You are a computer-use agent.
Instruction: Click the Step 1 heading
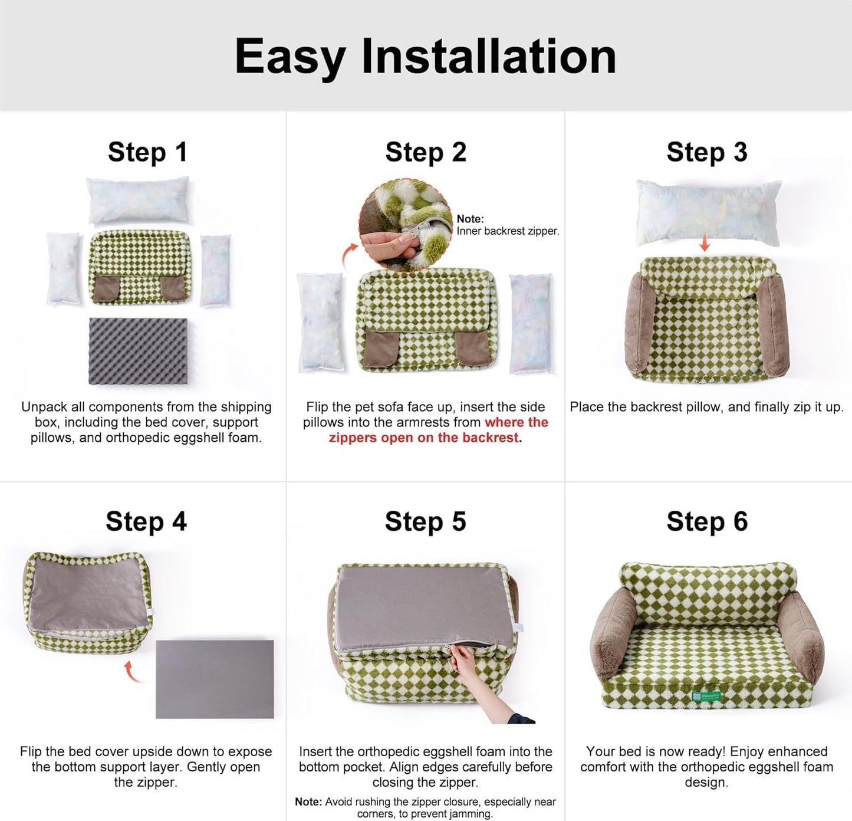tap(147, 152)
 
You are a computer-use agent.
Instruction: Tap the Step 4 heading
tap(146, 521)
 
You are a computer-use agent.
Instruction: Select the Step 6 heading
tap(707, 521)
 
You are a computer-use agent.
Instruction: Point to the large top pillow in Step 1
tap(139, 201)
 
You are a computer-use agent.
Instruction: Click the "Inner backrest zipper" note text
tap(507, 231)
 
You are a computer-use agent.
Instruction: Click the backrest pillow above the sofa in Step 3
tap(708, 213)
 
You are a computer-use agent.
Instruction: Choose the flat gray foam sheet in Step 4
tap(215, 678)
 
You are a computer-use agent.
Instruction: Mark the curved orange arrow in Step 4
tap(134, 672)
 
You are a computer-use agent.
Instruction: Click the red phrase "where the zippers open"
tap(516, 422)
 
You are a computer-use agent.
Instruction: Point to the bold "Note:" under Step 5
tap(308, 802)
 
